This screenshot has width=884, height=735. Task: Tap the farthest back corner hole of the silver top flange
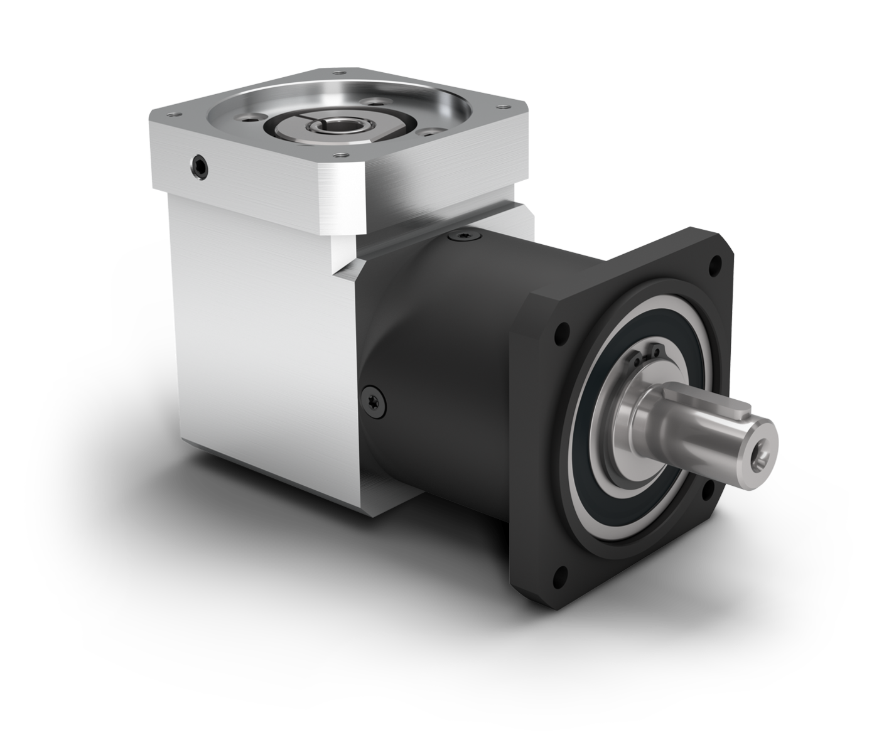(x=340, y=73)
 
